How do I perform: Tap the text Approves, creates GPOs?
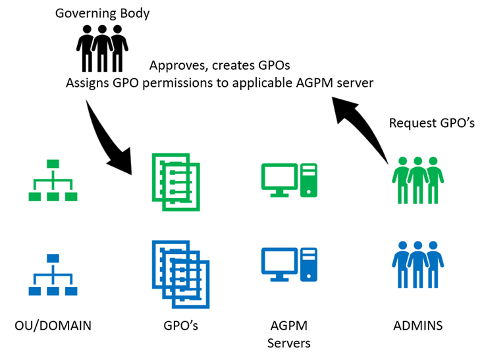click(x=220, y=66)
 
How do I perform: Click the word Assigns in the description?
click(x=88, y=84)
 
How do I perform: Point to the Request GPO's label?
click(x=431, y=123)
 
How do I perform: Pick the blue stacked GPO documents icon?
click(x=180, y=273)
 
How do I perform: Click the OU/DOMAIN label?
click(x=53, y=324)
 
